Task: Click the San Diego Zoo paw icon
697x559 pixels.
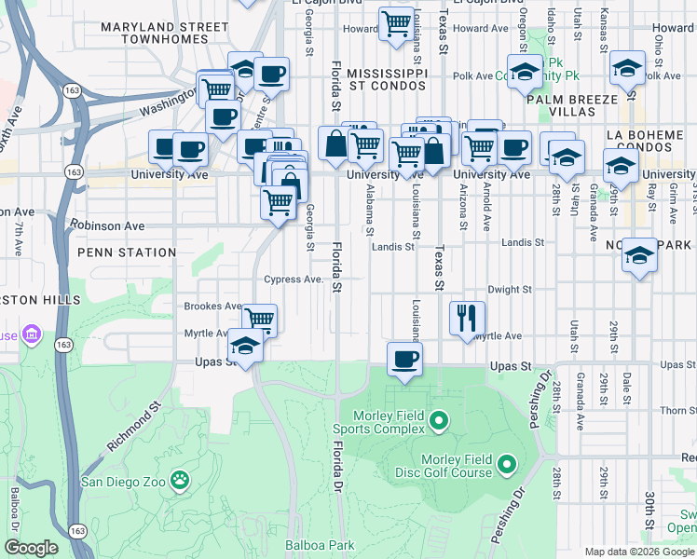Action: [x=179, y=482]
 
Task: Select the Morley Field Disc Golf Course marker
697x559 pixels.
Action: [x=506, y=463]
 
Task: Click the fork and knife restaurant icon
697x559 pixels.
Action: [x=467, y=318]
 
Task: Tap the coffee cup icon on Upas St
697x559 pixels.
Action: [x=403, y=359]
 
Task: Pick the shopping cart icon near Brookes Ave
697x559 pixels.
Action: [x=260, y=320]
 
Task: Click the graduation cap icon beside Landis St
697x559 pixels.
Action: [x=638, y=254]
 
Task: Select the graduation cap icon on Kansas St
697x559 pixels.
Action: [x=627, y=67]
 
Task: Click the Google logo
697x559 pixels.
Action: [x=31, y=547]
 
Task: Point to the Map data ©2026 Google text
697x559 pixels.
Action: [x=638, y=552]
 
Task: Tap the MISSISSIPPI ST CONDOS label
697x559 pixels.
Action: [x=386, y=80]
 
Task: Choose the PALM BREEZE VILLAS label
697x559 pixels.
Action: [x=572, y=105]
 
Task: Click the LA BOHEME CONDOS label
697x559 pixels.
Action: [x=646, y=142]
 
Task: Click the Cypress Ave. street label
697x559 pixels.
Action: [x=294, y=279]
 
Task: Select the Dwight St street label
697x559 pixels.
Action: [x=509, y=290]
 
